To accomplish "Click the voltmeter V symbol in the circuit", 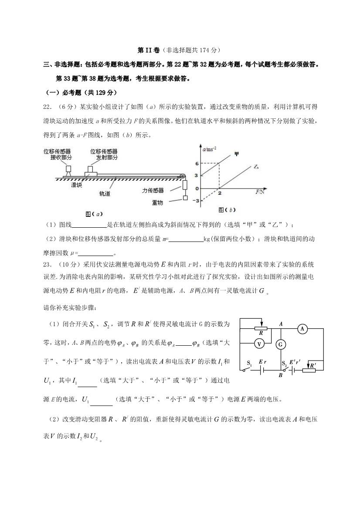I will pyautogui.click(x=259, y=344).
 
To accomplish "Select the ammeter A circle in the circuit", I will pyautogui.click(x=302, y=329).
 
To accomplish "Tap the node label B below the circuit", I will pyautogui.click(x=281, y=375).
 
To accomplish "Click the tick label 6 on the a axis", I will pyautogui.click(x=197, y=163).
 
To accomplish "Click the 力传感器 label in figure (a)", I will pyautogui.click(x=153, y=190).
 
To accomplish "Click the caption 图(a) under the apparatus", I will pyautogui.click(x=94, y=213).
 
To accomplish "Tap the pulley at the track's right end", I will pyautogui.click(x=182, y=176).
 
